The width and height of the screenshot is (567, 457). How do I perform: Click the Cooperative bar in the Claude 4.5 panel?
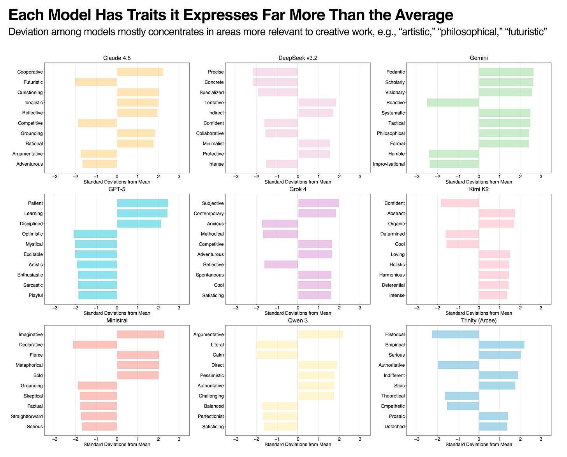(140, 72)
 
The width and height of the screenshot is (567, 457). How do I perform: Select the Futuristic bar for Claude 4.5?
(96, 82)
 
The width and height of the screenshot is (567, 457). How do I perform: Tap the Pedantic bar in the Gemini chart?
(506, 72)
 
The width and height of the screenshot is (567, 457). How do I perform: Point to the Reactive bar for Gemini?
(453, 103)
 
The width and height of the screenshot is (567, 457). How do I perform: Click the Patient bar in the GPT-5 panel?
(143, 203)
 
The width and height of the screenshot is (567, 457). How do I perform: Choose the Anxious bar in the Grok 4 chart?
(280, 224)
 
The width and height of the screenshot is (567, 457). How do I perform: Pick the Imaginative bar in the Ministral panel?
(140, 334)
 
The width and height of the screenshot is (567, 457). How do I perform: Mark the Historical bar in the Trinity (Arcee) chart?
(455, 334)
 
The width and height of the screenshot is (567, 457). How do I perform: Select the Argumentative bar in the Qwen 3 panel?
(320, 334)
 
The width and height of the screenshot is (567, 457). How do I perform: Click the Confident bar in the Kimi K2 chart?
(460, 203)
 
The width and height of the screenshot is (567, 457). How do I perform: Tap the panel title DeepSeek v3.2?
(298, 58)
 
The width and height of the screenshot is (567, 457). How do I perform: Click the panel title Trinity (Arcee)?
(479, 320)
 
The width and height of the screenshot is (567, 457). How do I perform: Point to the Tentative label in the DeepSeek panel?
(214, 103)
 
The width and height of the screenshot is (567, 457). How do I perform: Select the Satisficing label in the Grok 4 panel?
(213, 295)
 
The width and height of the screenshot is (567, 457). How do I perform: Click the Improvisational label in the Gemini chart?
(389, 164)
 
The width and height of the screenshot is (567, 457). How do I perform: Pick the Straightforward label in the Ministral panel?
(27, 417)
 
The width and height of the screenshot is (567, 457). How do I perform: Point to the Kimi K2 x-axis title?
(479, 313)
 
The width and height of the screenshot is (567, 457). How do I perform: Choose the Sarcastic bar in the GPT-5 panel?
(97, 285)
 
